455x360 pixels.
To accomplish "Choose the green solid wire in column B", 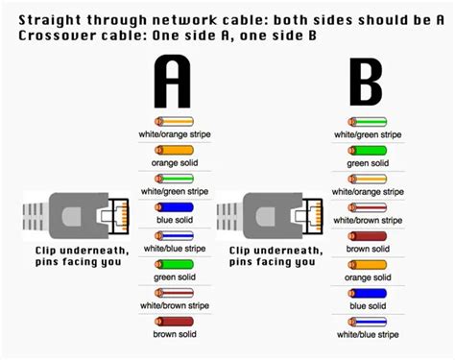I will coord(367,151).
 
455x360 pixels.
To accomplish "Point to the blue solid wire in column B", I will coord(367,292).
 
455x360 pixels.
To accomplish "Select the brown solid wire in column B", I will coord(367,235).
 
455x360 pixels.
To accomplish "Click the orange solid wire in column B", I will coord(367,263).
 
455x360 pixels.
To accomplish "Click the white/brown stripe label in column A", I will coord(174,305).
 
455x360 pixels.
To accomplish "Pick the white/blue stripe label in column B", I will coord(368,333).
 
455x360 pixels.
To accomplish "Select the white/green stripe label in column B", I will coord(368,135).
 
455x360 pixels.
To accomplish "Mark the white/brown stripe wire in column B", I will coord(367,206).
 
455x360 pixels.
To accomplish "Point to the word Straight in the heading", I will coord(39,17).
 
